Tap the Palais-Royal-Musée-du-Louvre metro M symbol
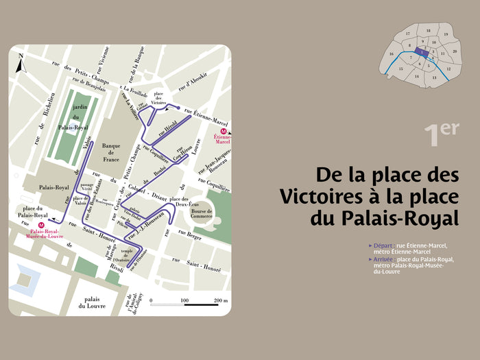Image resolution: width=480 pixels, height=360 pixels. coord(42,224)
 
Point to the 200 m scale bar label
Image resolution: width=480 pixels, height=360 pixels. coord(221,301)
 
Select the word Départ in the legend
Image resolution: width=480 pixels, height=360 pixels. coord(384,245)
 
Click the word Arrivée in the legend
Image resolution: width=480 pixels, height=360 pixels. coord(385,259)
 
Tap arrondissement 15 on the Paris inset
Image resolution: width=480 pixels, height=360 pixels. coord(401,69)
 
